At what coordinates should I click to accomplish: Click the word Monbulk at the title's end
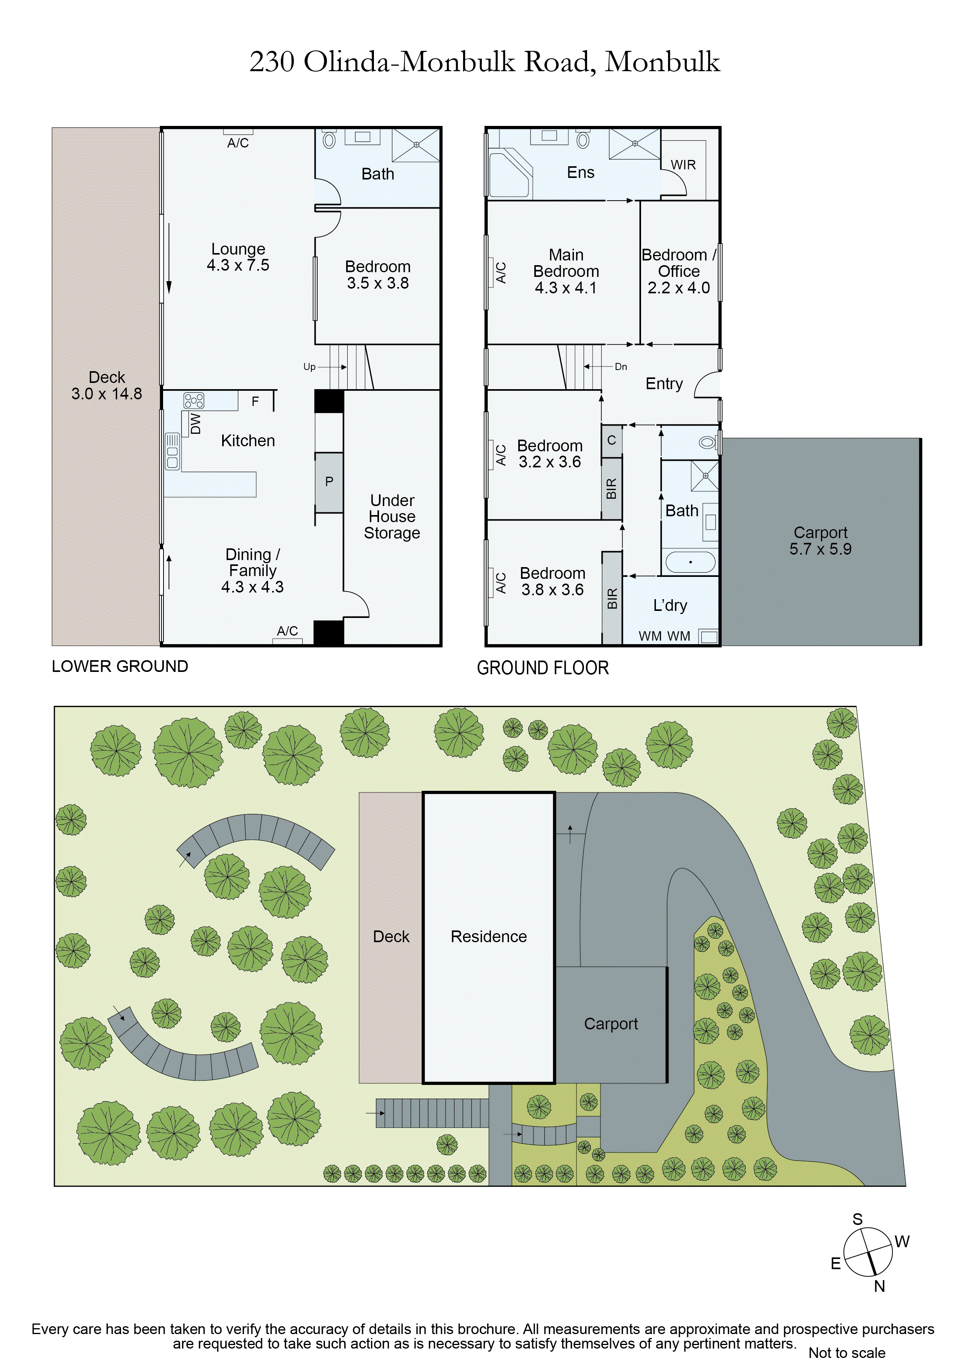[662, 62]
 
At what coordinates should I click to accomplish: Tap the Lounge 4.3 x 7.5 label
[238, 257]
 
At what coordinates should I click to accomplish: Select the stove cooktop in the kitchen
[194, 400]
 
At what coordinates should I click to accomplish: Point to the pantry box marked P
[329, 481]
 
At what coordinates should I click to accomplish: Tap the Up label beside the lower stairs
[309, 367]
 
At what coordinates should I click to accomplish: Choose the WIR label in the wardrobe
[683, 165]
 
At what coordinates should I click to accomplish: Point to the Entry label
[664, 384]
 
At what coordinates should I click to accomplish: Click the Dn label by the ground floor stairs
[621, 367]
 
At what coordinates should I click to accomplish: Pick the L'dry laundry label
[670, 605]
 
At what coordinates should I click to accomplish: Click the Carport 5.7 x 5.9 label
[820, 541]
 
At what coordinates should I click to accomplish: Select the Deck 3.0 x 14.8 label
[107, 385]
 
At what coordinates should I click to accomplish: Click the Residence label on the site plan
[488, 936]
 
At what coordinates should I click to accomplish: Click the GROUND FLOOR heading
[542, 668]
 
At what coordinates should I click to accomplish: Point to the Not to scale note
[847, 1353]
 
